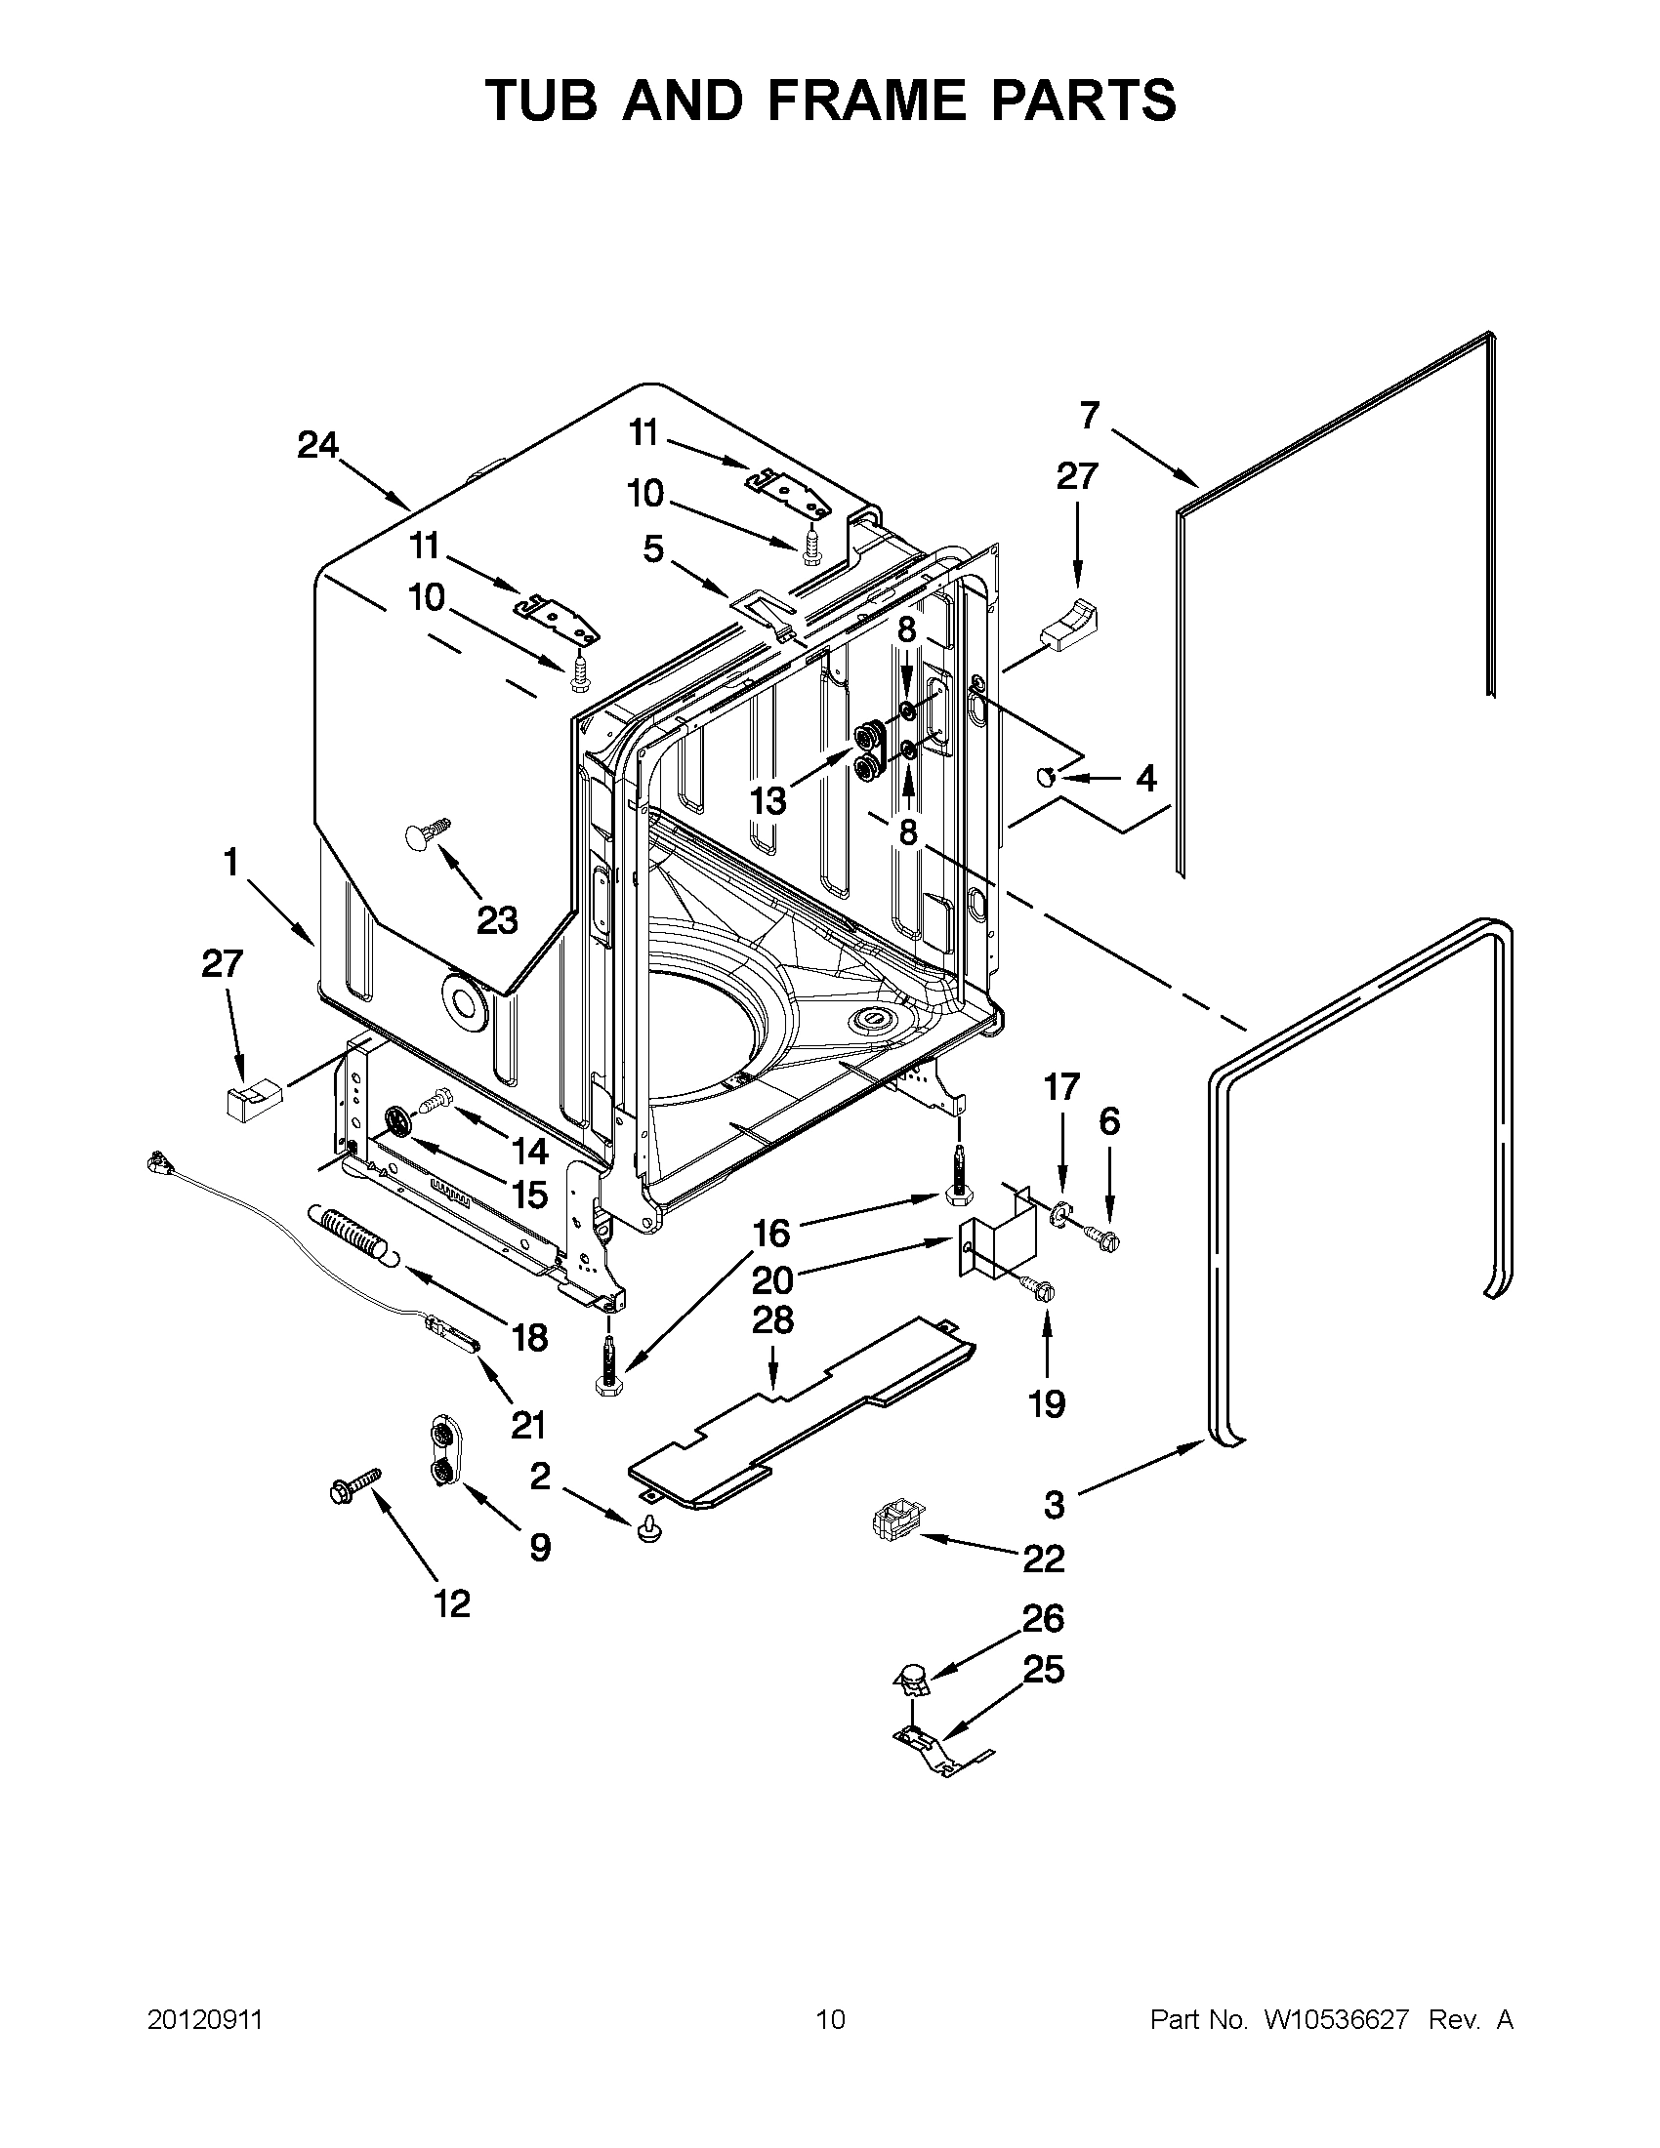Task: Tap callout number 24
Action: tap(317, 447)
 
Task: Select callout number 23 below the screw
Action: tap(497, 921)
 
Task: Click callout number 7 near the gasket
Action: tap(1089, 416)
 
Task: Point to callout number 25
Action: tap(1044, 1670)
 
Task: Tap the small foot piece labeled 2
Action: tap(647, 1527)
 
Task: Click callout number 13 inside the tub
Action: tap(768, 801)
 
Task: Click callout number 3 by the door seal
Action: tap(1054, 1504)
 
